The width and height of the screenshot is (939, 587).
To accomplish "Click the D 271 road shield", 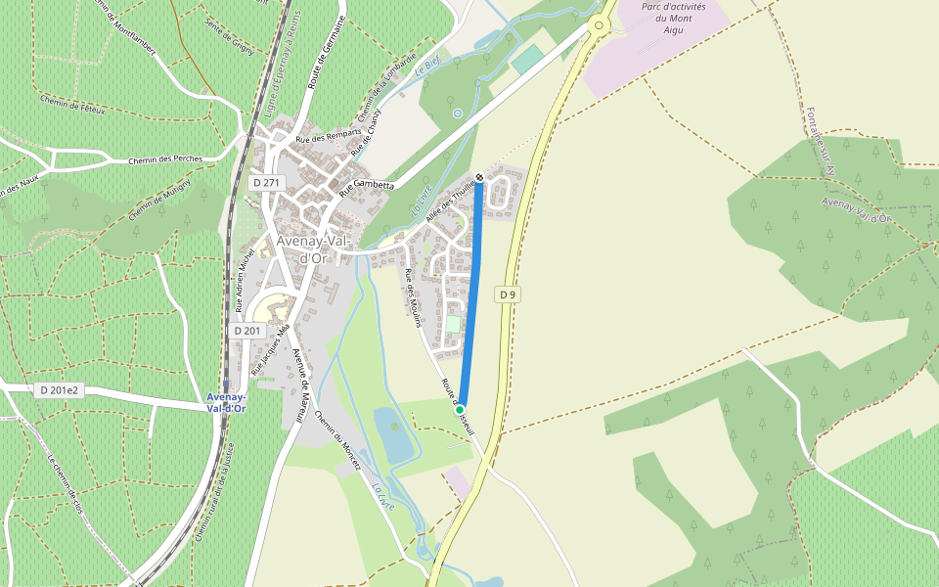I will point(265,182).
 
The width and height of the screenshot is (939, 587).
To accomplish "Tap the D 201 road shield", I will point(248,331).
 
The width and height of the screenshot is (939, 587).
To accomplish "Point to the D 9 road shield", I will point(507,294).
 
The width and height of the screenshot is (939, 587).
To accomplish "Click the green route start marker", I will point(460,409).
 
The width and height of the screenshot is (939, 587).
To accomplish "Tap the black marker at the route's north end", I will point(479,177).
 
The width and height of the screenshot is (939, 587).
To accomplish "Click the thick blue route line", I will point(470,293).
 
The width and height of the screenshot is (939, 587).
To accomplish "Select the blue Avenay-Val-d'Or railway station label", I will point(226,402).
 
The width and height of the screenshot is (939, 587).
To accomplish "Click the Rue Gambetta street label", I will point(367,184).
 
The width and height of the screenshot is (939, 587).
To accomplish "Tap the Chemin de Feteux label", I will point(72,104).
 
